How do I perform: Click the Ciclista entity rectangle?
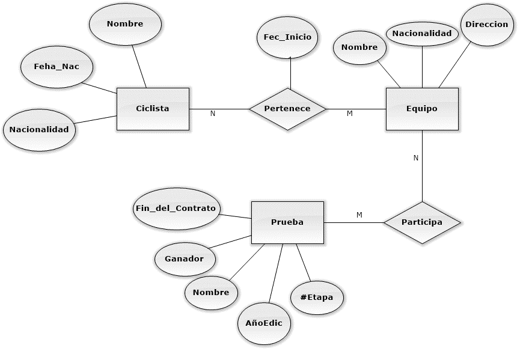click(152, 109)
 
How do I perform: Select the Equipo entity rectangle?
click(421, 109)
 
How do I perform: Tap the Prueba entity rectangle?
click(287, 222)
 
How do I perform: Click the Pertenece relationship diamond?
click(287, 109)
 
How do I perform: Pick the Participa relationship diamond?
click(421, 222)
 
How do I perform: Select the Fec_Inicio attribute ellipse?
click(287, 37)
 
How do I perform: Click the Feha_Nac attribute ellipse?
click(57, 67)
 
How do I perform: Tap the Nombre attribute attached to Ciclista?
click(125, 24)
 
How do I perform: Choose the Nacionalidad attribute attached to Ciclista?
click(39, 129)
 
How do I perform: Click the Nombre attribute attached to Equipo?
click(359, 47)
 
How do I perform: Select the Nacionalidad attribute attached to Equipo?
click(422, 34)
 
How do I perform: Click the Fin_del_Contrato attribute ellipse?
click(175, 208)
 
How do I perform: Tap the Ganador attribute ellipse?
click(183, 259)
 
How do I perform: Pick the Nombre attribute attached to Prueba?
click(210, 293)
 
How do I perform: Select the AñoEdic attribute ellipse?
click(264, 323)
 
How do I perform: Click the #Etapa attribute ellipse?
click(316, 297)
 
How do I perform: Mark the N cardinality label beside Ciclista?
click(212, 114)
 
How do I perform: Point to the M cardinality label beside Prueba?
click(359, 215)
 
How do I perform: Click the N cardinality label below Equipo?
click(415, 158)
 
